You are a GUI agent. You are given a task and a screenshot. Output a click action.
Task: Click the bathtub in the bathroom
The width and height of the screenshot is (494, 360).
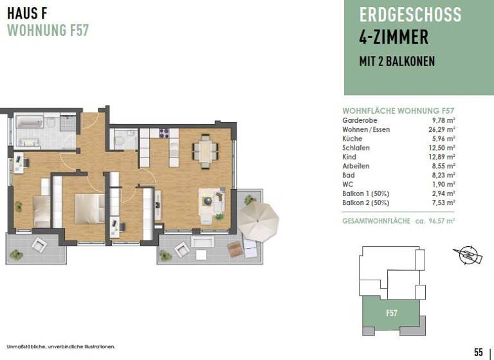pos(30,122)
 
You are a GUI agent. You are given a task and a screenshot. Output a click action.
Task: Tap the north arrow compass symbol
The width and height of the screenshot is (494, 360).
pos(469,255)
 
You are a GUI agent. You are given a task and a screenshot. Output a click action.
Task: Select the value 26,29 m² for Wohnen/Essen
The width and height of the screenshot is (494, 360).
pos(443,129)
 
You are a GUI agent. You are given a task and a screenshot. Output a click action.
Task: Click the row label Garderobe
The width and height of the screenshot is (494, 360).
pos(360,120)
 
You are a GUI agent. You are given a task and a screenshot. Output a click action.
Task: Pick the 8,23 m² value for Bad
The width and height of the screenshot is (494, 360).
pos(444,174)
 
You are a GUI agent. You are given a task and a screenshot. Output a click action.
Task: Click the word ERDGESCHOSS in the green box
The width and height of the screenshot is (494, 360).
pos(410,14)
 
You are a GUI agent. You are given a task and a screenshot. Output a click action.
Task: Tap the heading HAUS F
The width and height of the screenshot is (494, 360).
pos(28,13)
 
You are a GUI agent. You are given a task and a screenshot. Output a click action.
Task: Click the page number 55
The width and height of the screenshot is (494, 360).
pos(478,352)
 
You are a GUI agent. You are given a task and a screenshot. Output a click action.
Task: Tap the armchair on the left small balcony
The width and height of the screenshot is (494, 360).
pos(39,244)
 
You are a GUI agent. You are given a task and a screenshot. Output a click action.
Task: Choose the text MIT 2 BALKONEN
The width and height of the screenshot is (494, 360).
pos(396,62)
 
